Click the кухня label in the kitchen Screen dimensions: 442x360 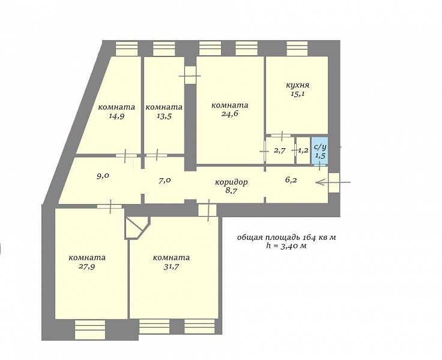(297, 85)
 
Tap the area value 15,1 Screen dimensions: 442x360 (298, 94)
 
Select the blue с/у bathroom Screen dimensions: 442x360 (319, 151)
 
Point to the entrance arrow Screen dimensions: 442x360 (333, 182)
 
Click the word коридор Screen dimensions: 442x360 (231, 182)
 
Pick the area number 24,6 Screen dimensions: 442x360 (230, 114)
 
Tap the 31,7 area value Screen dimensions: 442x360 (171, 267)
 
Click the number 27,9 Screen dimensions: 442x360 (87, 267)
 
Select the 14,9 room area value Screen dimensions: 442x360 (117, 116)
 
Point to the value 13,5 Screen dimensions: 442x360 (164, 116)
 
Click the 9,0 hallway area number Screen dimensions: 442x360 (103, 176)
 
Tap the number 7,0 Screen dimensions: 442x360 (165, 181)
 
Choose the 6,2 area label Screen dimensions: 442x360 (291, 180)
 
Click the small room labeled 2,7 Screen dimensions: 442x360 (280, 150)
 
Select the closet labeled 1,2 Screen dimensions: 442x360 (303, 150)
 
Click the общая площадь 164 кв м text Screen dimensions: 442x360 (286, 238)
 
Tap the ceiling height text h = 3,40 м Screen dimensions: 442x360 (286, 246)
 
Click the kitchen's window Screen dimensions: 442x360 (297, 49)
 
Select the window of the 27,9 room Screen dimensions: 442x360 (90, 330)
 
